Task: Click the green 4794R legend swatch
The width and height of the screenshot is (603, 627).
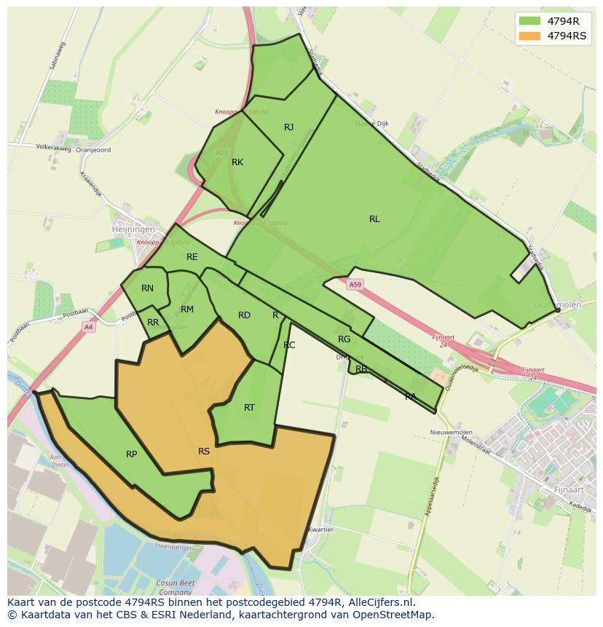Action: click(529, 21)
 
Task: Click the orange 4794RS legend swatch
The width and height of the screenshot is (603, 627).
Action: click(529, 36)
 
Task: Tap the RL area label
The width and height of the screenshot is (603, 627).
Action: click(374, 218)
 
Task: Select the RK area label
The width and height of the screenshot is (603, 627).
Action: click(237, 162)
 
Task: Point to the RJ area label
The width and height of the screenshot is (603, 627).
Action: click(288, 127)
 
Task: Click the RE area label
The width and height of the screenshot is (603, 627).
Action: click(192, 257)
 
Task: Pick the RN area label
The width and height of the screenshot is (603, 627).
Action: click(147, 288)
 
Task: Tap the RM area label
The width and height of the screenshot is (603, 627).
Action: click(187, 309)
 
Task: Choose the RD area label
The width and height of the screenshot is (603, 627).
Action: click(244, 315)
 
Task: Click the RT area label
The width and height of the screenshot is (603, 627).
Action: click(249, 408)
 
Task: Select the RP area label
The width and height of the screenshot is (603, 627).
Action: click(131, 454)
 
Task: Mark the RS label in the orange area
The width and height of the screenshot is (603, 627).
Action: click(204, 451)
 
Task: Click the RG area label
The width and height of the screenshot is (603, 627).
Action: click(344, 339)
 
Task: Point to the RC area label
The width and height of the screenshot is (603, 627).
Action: click(289, 345)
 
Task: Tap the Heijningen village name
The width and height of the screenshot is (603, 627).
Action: click(133, 229)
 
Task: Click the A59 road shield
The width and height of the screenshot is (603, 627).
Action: click(355, 285)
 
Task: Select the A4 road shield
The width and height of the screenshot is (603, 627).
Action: click(88, 327)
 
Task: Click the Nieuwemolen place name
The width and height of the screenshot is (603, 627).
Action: click(452, 433)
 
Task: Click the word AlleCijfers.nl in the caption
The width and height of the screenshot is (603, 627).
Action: click(378, 602)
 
